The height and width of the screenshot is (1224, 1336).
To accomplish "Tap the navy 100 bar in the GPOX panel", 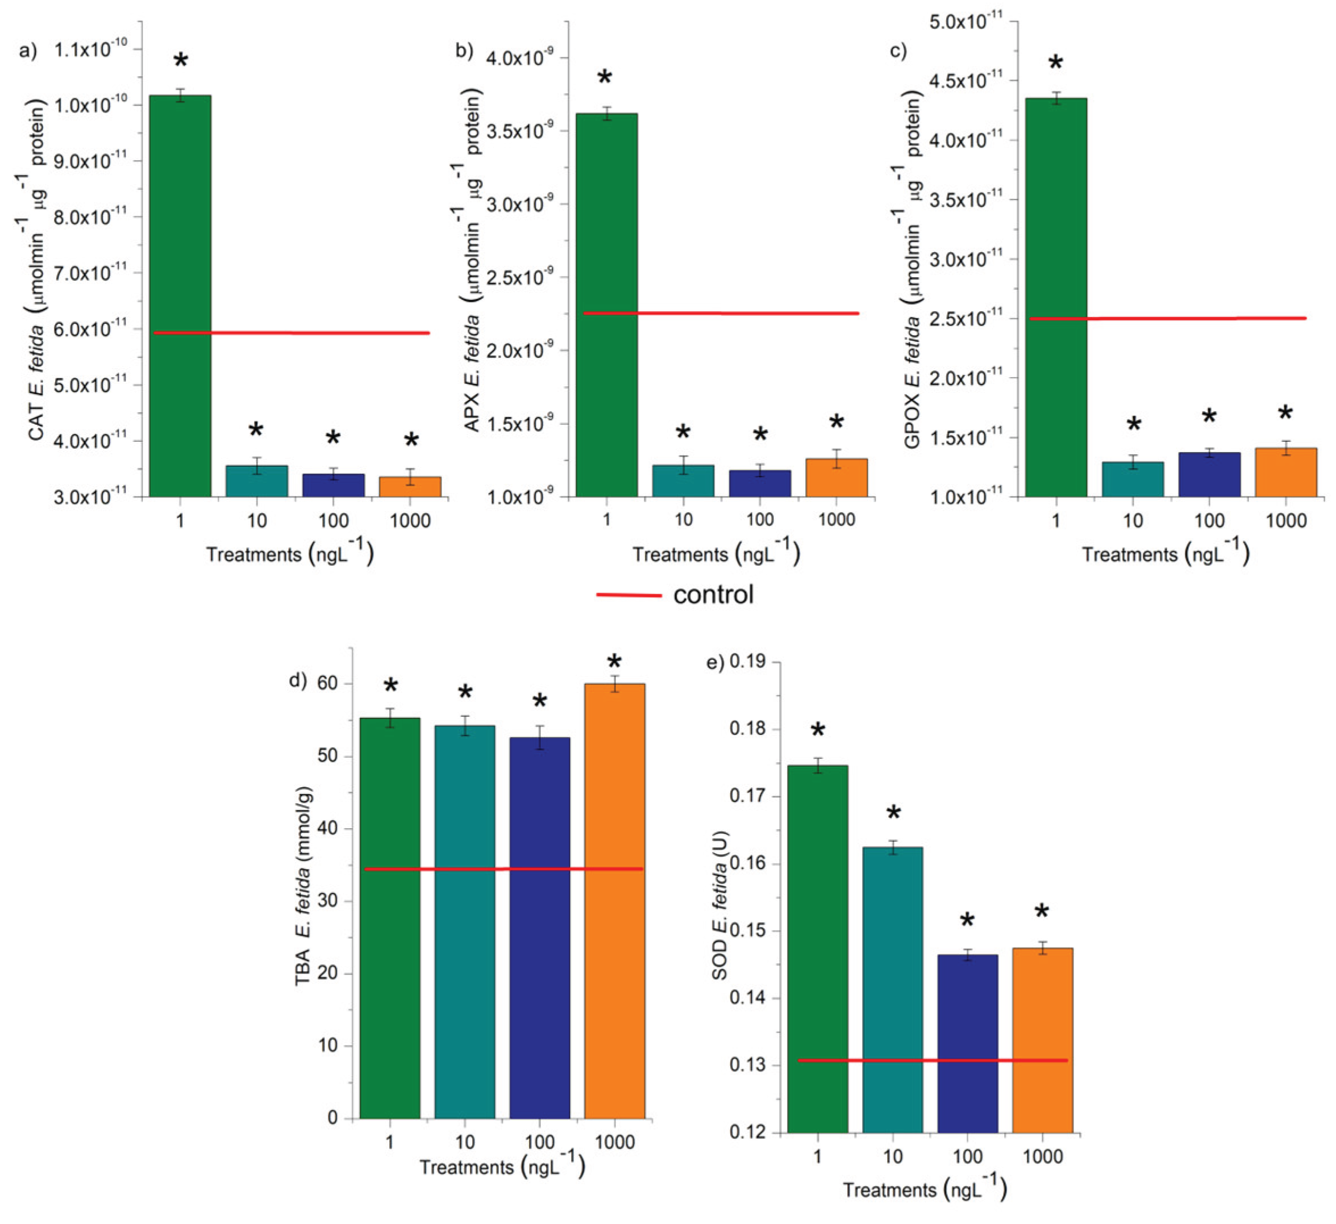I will click(1209, 474).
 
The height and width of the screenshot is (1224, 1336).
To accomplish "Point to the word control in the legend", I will click(713, 594).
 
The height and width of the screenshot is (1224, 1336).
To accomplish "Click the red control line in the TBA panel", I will click(503, 868).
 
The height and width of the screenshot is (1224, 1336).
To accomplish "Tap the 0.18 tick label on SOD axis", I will click(747, 729).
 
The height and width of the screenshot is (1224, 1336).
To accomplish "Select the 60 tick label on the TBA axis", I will click(327, 683).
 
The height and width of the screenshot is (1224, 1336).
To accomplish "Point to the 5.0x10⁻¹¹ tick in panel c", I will click(965, 22).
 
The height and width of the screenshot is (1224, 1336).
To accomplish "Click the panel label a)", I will click(28, 51).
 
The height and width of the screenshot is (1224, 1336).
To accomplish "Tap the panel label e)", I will click(715, 662).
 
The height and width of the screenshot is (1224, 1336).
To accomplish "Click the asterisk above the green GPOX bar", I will click(1055, 64).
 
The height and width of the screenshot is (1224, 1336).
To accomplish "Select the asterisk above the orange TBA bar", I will click(614, 662).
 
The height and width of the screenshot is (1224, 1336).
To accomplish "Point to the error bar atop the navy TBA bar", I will click(539, 737).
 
